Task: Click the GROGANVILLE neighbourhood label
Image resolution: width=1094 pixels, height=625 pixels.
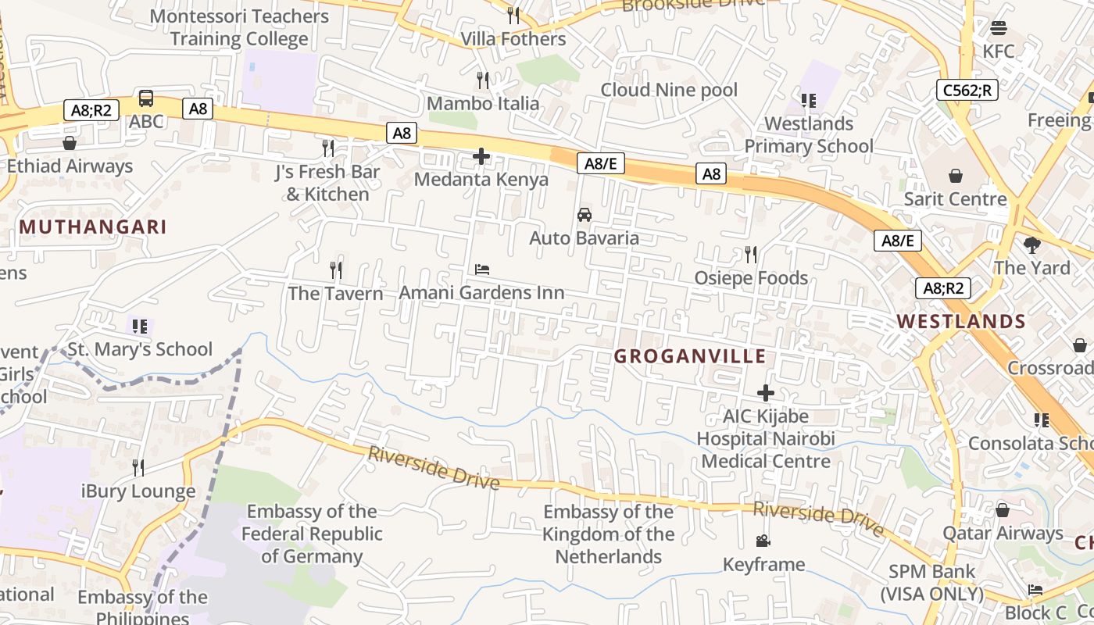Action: coord(689,356)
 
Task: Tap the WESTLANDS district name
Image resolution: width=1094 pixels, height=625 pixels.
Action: coord(960,321)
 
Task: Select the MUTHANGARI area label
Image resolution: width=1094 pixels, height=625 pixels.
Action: coord(93,227)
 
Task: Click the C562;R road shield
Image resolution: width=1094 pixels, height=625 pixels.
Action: coord(967,90)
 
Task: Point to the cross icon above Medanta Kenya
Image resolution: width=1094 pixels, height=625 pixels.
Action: coord(481,157)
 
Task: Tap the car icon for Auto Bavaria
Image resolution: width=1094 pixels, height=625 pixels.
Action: coord(584,215)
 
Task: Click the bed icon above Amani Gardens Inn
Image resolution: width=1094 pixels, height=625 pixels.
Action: coord(482,270)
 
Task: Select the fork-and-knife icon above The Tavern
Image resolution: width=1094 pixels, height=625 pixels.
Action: coord(336,270)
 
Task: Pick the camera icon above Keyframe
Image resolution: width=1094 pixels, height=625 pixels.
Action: coord(763,541)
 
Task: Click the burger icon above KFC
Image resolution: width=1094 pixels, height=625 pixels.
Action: coord(998,29)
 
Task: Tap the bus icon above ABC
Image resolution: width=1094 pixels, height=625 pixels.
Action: coord(146,98)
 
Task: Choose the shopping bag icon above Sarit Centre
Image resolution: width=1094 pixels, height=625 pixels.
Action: coord(955,176)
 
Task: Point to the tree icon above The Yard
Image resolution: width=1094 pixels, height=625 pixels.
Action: coord(1032,245)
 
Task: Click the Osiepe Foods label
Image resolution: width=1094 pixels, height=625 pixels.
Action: coord(751,278)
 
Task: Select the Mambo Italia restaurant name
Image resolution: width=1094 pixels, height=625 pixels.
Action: coord(483,103)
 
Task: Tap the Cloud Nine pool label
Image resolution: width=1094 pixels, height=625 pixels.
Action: coord(669,90)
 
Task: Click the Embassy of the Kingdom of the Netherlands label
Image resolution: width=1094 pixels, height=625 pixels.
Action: coord(609,534)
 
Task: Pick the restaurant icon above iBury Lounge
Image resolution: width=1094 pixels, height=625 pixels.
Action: coord(138,468)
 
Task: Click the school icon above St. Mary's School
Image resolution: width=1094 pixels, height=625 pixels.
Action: coord(140,326)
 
